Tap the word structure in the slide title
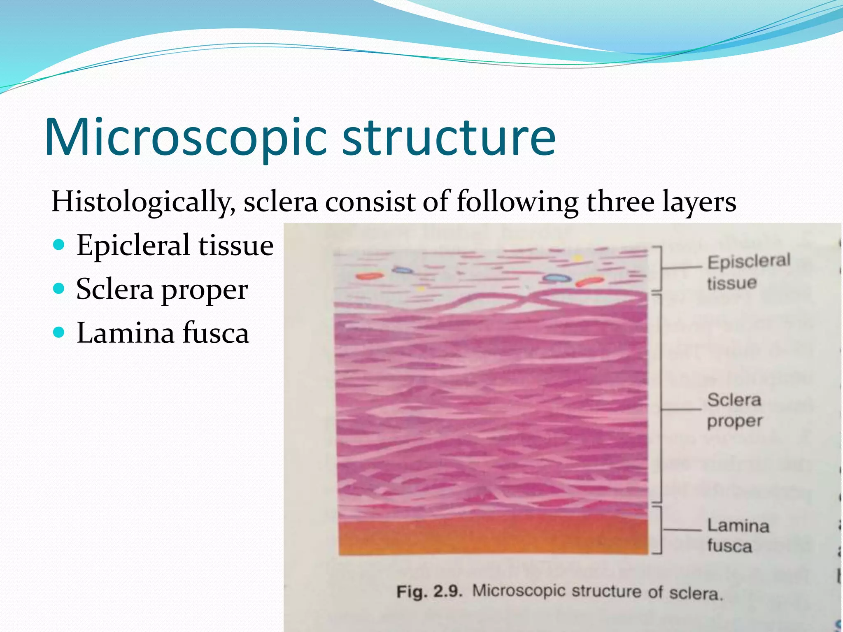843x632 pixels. (449, 138)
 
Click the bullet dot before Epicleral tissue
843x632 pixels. (59, 245)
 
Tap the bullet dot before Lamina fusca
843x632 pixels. (59, 332)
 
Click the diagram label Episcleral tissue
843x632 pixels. (748, 272)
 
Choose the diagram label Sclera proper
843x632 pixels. (734, 410)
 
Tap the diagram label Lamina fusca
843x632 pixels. (737, 535)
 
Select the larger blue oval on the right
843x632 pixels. (557, 278)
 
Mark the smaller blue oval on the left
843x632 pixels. (402, 270)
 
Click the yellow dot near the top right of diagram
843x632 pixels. (578, 258)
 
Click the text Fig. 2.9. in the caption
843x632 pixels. (429, 592)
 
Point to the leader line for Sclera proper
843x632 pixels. (681, 409)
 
